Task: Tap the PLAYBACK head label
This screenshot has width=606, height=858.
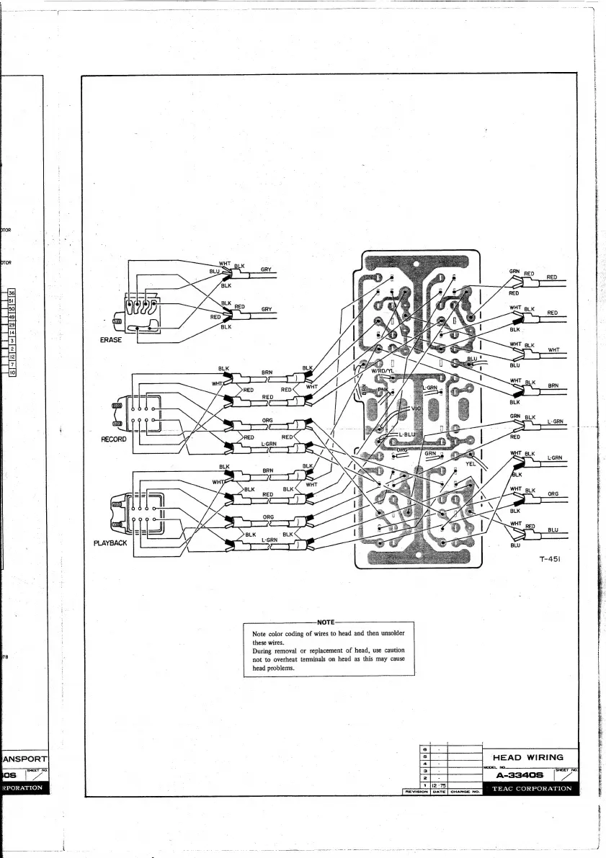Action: pos(111,542)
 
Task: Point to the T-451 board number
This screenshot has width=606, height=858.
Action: pos(550,558)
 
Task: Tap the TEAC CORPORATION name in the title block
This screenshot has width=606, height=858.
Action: pos(532,789)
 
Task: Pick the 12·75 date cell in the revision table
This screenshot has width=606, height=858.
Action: pos(439,784)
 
